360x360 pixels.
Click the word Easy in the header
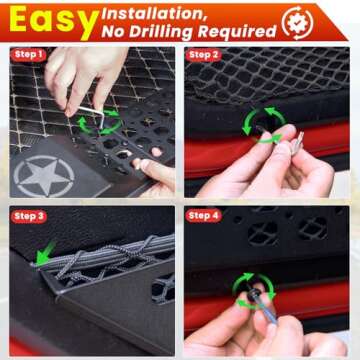[45, 21]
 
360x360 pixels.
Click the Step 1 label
[28, 54]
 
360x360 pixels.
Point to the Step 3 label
[28, 215]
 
